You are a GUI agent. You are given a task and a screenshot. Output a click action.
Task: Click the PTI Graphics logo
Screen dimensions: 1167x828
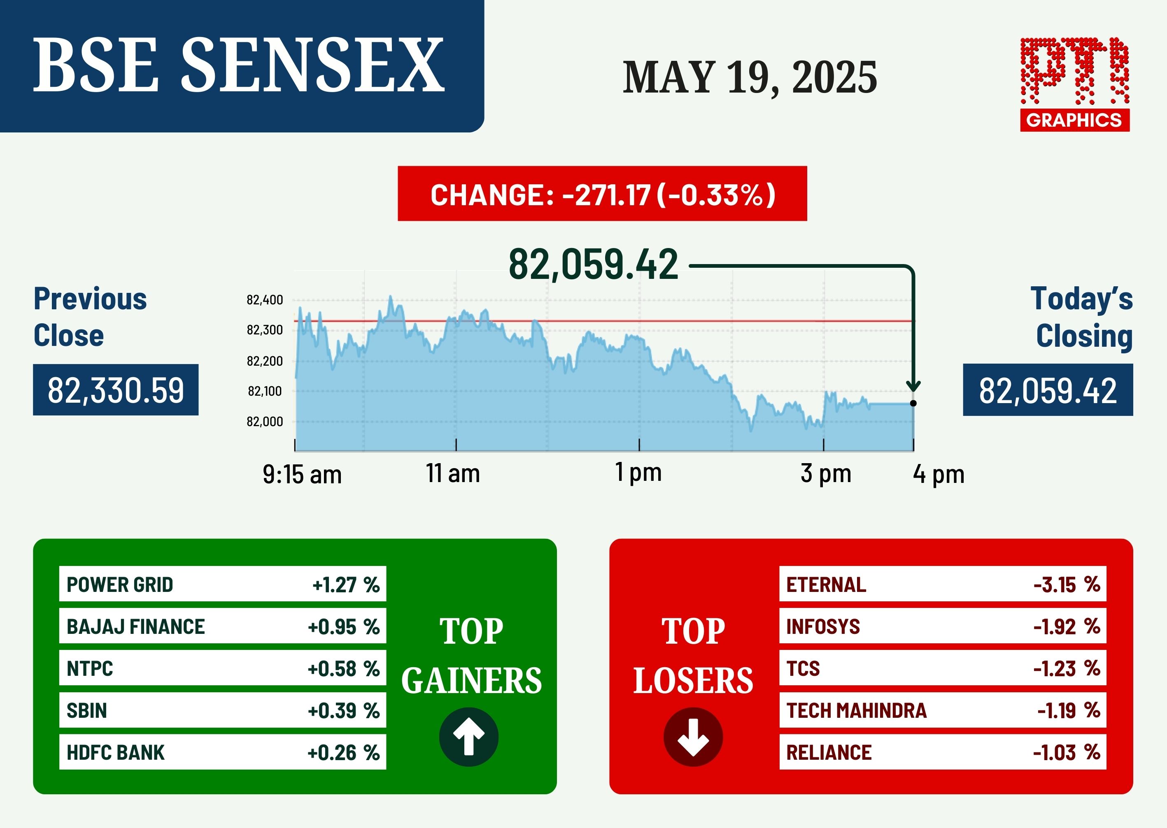pyautogui.click(x=1075, y=84)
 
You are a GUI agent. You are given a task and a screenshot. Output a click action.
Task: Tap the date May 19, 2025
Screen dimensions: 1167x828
pyautogui.click(x=750, y=77)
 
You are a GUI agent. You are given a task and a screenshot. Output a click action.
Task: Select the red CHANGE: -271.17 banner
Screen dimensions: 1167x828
pyautogui.click(x=602, y=194)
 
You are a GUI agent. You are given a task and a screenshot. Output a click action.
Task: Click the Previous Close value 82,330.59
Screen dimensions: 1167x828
pyautogui.click(x=116, y=390)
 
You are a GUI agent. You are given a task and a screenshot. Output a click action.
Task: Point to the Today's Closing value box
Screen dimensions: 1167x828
pyautogui.click(x=1048, y=390)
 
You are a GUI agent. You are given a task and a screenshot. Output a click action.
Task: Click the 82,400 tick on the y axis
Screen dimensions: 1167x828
pyautogui.click(x=264, y=300)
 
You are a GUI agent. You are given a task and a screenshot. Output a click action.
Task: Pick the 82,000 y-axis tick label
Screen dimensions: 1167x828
pyautogui.click(x=264, y=422)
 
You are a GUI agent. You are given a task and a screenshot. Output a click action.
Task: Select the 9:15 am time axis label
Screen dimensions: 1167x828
pyautogui.click(x=302, y=474)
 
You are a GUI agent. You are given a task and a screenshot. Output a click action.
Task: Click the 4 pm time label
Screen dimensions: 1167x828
pyautogui.click(x=939, y=474)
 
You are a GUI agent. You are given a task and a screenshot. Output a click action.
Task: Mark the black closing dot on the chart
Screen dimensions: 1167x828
pyautogui.click(x=913, y=403)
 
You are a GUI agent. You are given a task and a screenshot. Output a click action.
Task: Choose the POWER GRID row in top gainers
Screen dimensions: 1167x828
pyautogui.click(x=222, y=584)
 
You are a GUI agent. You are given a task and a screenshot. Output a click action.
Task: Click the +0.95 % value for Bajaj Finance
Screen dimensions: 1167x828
pyautogui.click(x=343, y=626)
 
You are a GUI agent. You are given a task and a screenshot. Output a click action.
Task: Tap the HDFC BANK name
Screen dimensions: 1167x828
pyautogui.click(x=116, y=753)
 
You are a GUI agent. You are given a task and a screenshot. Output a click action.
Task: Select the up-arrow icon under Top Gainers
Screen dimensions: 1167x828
pyautogui.click(x=469, y=737)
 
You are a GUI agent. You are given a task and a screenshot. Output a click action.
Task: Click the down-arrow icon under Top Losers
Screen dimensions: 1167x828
pyautogui.click(x=693, y=737)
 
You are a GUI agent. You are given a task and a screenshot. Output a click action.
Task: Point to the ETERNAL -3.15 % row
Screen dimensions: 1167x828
pyautogui.click(x=943, y=584)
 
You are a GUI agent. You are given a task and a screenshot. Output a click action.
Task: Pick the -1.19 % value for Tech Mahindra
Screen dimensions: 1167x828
pyautogui.click(x=1069, y=710)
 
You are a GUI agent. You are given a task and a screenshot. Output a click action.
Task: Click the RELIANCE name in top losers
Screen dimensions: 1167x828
pyautogui.click(x=829, y=753)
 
